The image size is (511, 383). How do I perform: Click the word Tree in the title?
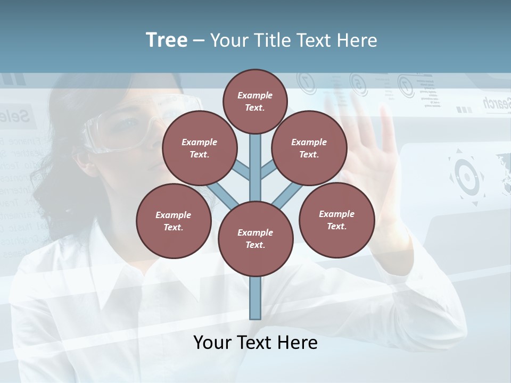pyautogui.click(x=167, y=40)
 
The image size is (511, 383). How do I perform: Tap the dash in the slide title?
pyautogui.click(x=199, y=41)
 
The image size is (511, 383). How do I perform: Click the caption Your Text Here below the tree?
pyautogui.click(x=256, y=343)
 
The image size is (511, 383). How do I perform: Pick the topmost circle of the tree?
pyautogui.click(x=255, y=101)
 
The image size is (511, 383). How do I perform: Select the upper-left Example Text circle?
pyautogui.click(x=200, y=148)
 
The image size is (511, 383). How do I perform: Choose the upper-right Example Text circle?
pyautogui.click(x=309, y=148)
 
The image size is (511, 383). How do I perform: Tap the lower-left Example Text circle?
pyautogui.click(x=174, y=221)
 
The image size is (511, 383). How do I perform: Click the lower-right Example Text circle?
pyautogui.click(x=336, y=220)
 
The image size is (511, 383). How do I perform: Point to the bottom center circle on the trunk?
pyautogui.click(x=256, y=239)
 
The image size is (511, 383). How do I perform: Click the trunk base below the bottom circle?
pyautogui.click(x=256, y=298)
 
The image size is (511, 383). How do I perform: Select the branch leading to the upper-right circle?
pyautogui.click(x=268, y=171)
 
